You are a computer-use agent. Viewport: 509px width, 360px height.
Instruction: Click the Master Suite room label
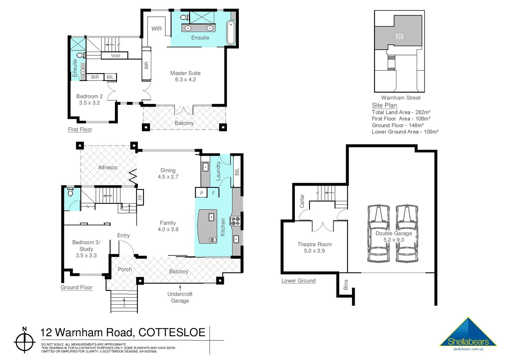point(185,73)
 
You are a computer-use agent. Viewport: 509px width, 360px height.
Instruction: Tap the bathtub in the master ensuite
point(231,33)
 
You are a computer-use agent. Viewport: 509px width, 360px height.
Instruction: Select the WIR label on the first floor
point(157,29)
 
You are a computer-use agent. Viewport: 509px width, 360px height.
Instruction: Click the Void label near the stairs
point(115,56)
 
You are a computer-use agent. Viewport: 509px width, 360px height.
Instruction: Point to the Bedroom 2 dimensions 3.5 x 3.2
point(89,103)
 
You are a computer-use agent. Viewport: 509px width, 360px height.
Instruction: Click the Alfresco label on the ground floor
point(108,167)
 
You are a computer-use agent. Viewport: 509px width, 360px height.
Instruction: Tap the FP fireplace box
point(140,197)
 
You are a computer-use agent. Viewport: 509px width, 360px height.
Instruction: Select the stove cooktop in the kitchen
point(236,221)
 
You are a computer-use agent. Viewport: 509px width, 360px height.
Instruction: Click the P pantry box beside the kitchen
point(202,193)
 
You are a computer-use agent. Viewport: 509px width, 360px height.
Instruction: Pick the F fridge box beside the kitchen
point(214,193)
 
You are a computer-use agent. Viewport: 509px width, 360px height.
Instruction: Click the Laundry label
point(219,171)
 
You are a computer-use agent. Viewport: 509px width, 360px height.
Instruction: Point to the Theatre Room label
point(314,244)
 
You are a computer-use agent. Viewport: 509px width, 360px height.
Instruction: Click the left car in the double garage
point(378,233)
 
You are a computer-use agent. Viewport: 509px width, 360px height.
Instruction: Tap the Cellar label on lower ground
point(302,201)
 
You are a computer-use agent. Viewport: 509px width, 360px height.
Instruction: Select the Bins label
point(346,285)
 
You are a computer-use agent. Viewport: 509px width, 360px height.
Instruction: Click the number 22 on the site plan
point(399,37)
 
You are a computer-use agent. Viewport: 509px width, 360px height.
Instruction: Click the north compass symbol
point(25,341)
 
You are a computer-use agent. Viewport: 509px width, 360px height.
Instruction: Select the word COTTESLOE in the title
point(172,333)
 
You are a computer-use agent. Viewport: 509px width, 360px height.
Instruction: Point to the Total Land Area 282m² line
point(401,112)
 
